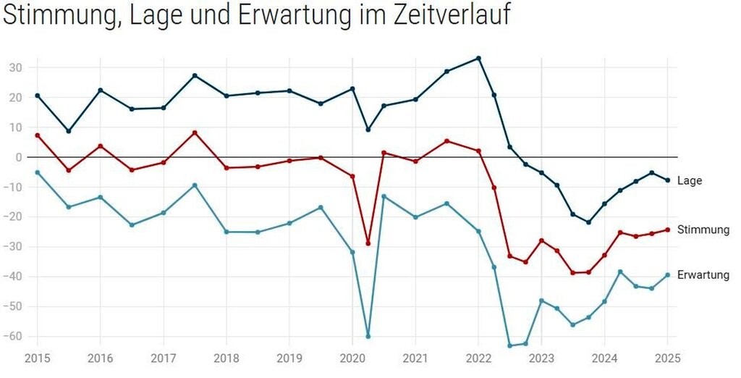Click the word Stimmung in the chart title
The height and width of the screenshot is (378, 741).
(x=61, y=16)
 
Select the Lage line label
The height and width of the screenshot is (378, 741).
(x=690, y=181)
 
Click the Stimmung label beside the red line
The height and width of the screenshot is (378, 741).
(x=703, y=230)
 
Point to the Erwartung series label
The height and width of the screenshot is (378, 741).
(x=703, y=275)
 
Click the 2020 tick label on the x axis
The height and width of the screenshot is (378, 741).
(x=352, y=358)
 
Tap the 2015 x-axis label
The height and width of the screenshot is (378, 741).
(x=38, y=358)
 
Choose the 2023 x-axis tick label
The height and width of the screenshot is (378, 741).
(x=541, y=358)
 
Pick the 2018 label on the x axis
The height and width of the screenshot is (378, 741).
(x=226, y=358)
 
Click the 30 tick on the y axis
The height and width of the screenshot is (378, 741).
(x=16, y=67)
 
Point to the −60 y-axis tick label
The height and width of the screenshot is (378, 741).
(x=13, y=337)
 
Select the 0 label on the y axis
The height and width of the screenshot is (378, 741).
(x=20, y=157)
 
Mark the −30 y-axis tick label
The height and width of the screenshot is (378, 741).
(x=13, y=247)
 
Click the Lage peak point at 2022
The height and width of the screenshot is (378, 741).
(x=478, y=58)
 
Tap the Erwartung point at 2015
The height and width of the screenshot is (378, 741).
(x=38, y=172)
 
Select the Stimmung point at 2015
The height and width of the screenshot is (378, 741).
(x=38, y=135)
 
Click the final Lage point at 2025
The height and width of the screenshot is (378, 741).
(x=667, y=180)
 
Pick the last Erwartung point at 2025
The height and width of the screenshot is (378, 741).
(x=667, y=275)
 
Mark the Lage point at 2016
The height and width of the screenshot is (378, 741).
(x=100, y=90)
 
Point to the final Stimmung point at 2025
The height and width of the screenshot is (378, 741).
(x=667, y=230)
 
